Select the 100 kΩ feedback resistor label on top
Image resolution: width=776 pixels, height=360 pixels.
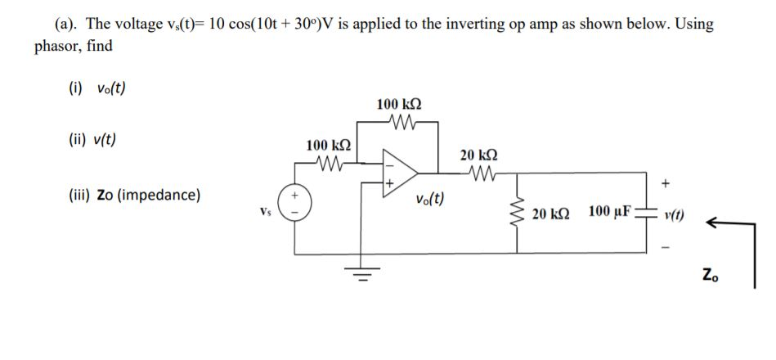tap(399, 105)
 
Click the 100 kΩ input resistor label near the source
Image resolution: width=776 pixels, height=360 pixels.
tap(330, 146)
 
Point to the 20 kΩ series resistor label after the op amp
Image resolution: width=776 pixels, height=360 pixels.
tap(480, 155)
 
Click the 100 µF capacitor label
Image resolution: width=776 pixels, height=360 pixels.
tap(608, 213)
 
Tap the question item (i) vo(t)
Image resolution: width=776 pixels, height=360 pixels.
tap(97, 88)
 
